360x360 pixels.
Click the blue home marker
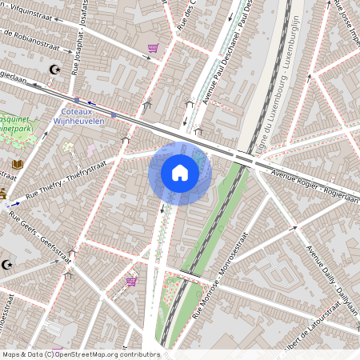coord(180,173)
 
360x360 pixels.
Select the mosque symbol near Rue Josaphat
coord(54,70)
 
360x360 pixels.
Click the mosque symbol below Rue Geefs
coord(8,264)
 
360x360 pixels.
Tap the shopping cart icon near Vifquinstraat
coord(153,50)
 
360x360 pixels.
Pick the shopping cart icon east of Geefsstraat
coord(131,282)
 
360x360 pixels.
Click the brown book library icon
coord(18,164)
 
